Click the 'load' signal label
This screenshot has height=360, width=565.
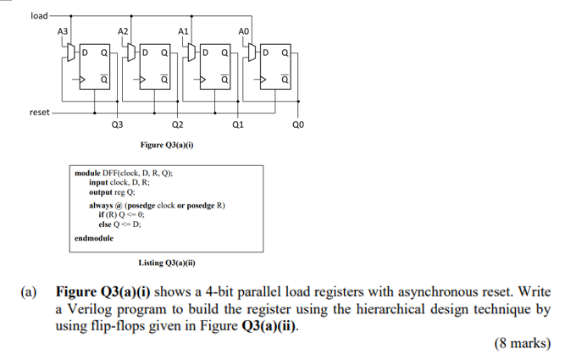point(38,15)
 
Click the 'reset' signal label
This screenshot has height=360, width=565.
point(38,112)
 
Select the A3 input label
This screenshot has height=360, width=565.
point(62,30)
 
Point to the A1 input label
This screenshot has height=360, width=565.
point(182,30)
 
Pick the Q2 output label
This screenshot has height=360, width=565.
point(176,125)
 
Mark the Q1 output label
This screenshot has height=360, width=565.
point(236,125)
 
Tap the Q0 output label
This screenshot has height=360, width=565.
point(297,125)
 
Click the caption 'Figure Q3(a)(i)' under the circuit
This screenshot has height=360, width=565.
point(167,145)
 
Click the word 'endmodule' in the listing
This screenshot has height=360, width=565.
point(94,238)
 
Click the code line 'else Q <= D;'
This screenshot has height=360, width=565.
point(119,224)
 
